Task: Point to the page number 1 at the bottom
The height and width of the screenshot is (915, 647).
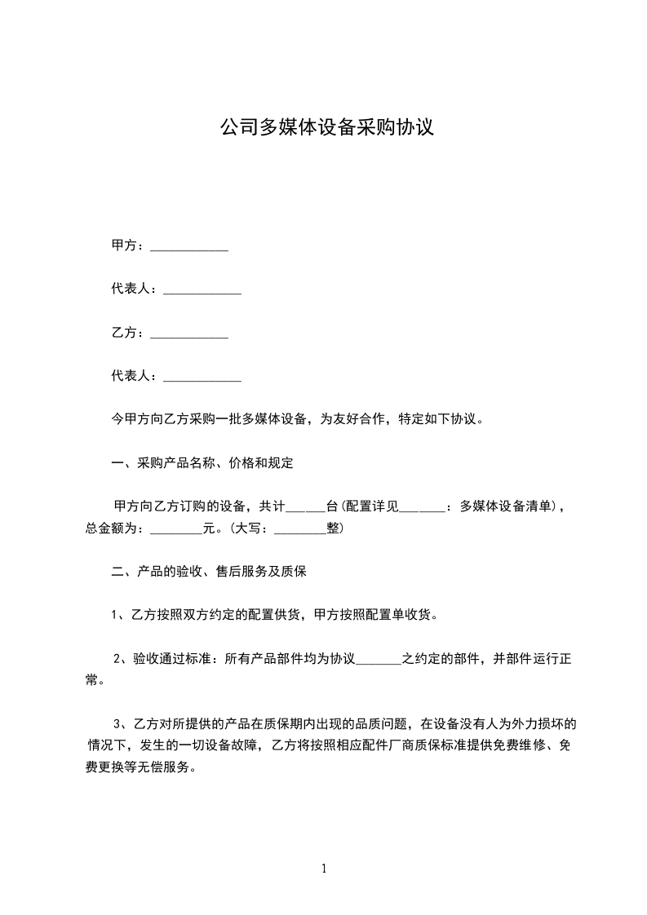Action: click(x=324, y=869)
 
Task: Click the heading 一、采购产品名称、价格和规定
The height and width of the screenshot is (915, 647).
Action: click(x=202, y=464)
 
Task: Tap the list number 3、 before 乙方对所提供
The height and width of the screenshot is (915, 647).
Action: click(x=122, y=723)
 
